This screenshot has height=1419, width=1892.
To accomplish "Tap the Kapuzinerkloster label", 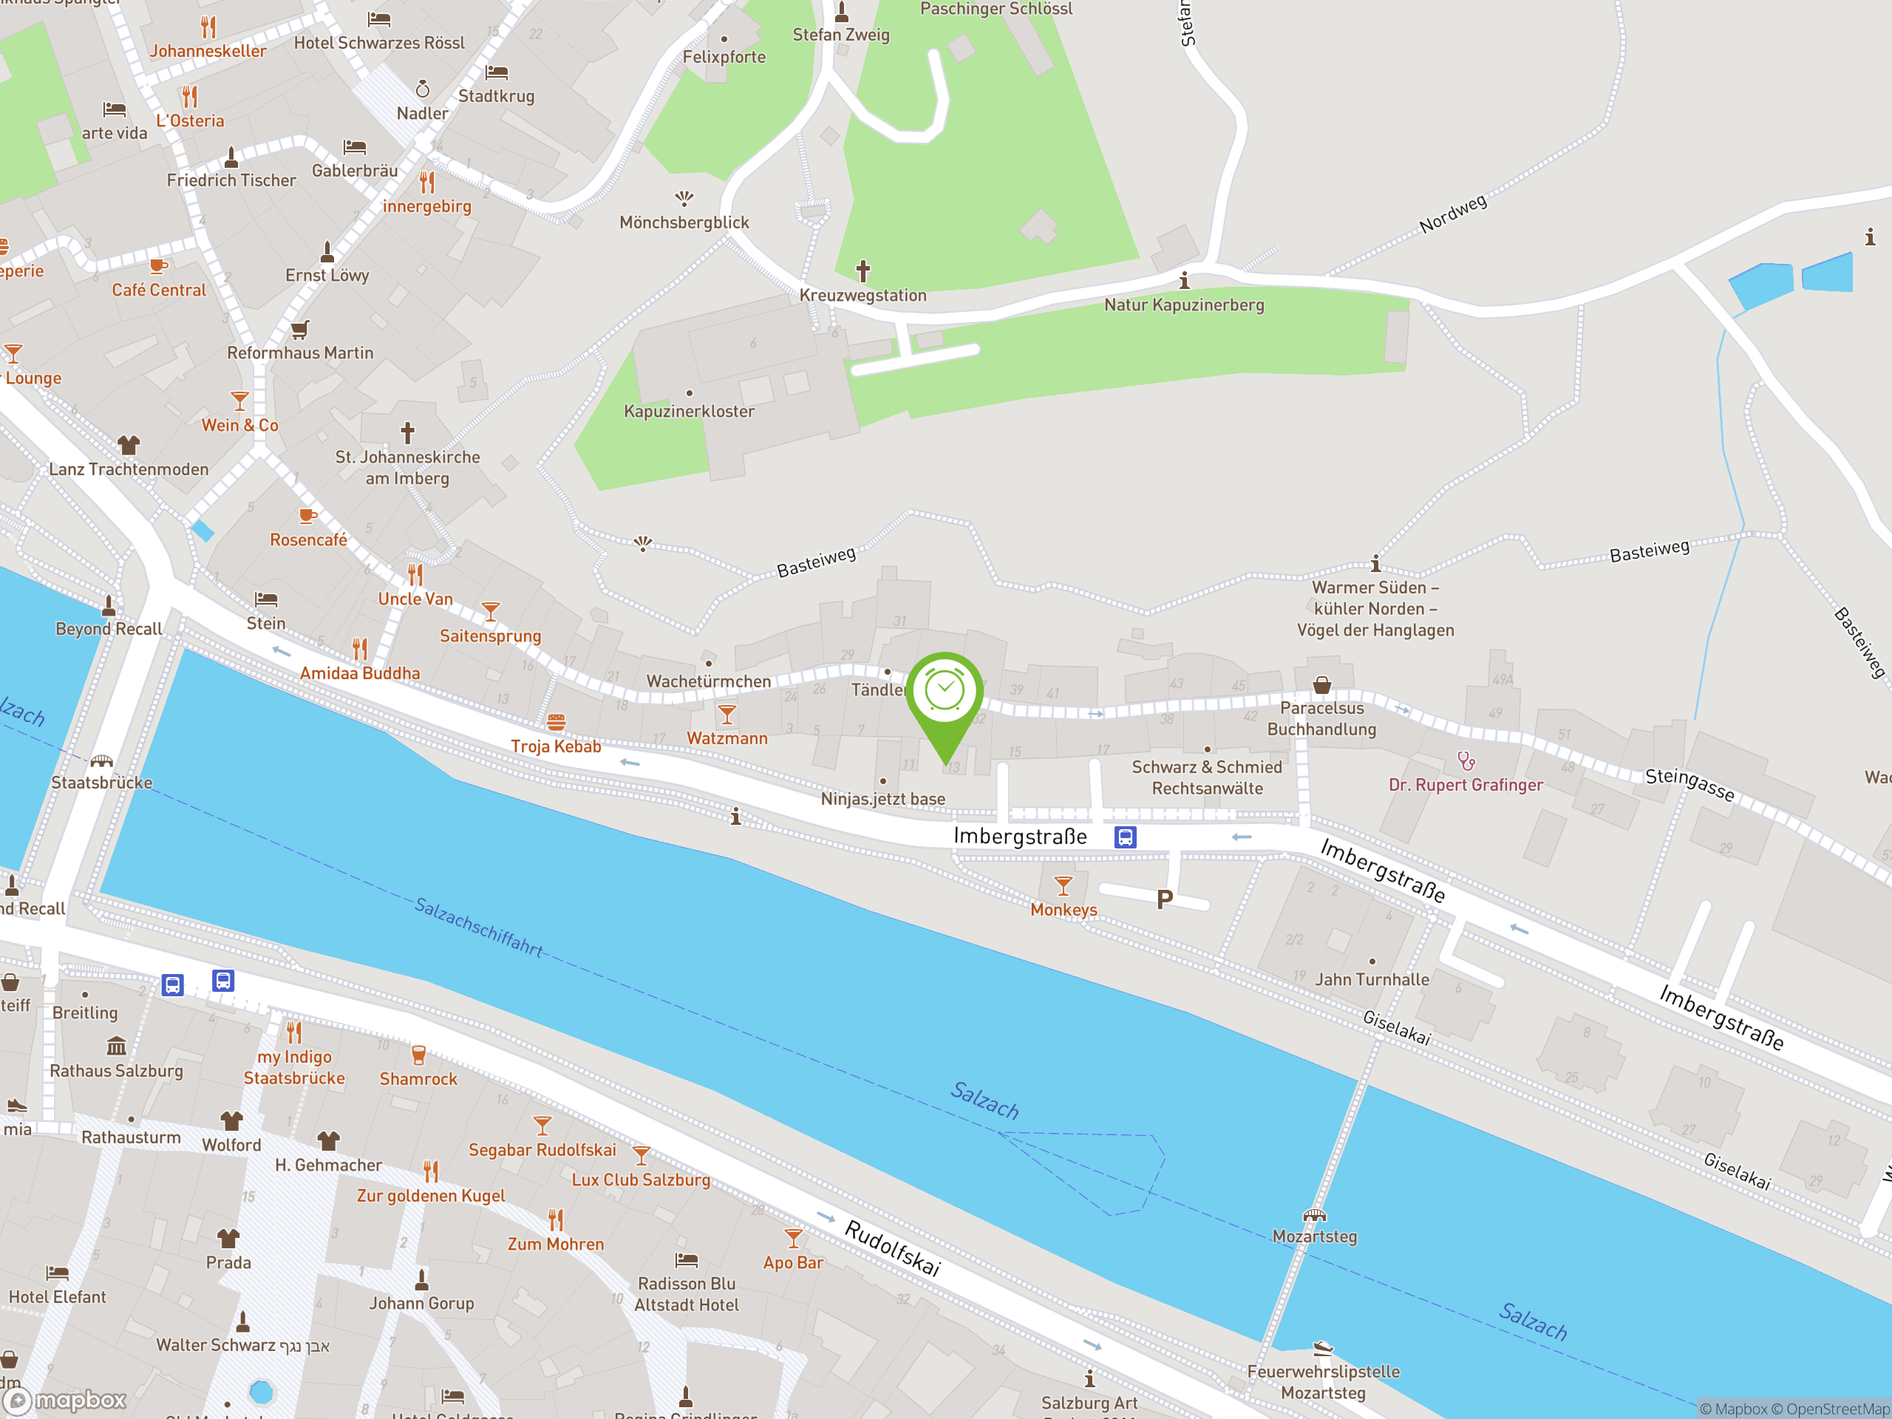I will pyautogui.click(x=689, y=412).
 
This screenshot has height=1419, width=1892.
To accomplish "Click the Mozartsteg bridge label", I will pyautogui.click(x=1314, y=1236).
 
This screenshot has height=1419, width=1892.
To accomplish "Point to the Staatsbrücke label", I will pyautogui.click(x=102, y=783).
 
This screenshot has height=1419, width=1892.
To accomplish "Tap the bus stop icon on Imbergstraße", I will pyautogui.click(x=1125, y=837).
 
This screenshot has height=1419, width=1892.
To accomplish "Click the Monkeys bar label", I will pyautogui.click(x=1064, y=910).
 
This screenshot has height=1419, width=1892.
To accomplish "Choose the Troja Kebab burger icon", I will pyautogui.click(x=556, y=723).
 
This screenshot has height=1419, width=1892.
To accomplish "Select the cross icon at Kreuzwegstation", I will pyautogui.click(x=863, y=271).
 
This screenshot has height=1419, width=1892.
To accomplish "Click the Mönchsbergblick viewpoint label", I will pyautogui.click(x=684, y=222).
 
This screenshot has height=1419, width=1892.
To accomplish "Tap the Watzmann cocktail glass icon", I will pyautogui.click(x=727, y=714).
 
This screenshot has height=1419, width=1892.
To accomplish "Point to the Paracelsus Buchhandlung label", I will pyautogui.click(x=1321, y=718).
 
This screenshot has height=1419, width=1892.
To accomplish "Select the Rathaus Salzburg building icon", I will pyautogui.click(x=116, y=1046).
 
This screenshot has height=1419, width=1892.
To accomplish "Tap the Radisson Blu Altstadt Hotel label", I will pyautogui.click(x=686, y=1294).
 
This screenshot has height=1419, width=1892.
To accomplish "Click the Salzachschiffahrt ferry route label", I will pyautogui.click(x=478, y=926).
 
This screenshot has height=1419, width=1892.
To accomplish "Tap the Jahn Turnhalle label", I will pyautogui.click(x=1371, y=979).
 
